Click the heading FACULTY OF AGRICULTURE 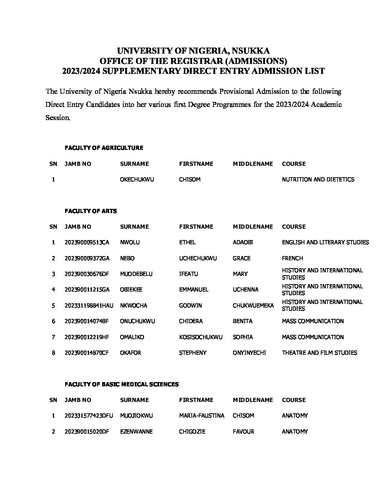coord(104,148)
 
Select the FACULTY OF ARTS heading coord(90,211)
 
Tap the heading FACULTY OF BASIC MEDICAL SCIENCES coord(121,384)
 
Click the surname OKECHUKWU coord(137,180)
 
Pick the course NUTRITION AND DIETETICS coord(318,180)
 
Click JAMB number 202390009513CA coord(87,243)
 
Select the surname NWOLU coord(130,243)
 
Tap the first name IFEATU coord(189,274)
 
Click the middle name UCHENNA coord(245,290)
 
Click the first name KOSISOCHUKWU coord(201,337)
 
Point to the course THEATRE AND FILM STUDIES coord(319,353)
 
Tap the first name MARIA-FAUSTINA coord(202,415)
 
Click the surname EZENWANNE coord(136,431)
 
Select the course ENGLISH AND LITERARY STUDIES coord(325,243)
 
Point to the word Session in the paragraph coord(58,118)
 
